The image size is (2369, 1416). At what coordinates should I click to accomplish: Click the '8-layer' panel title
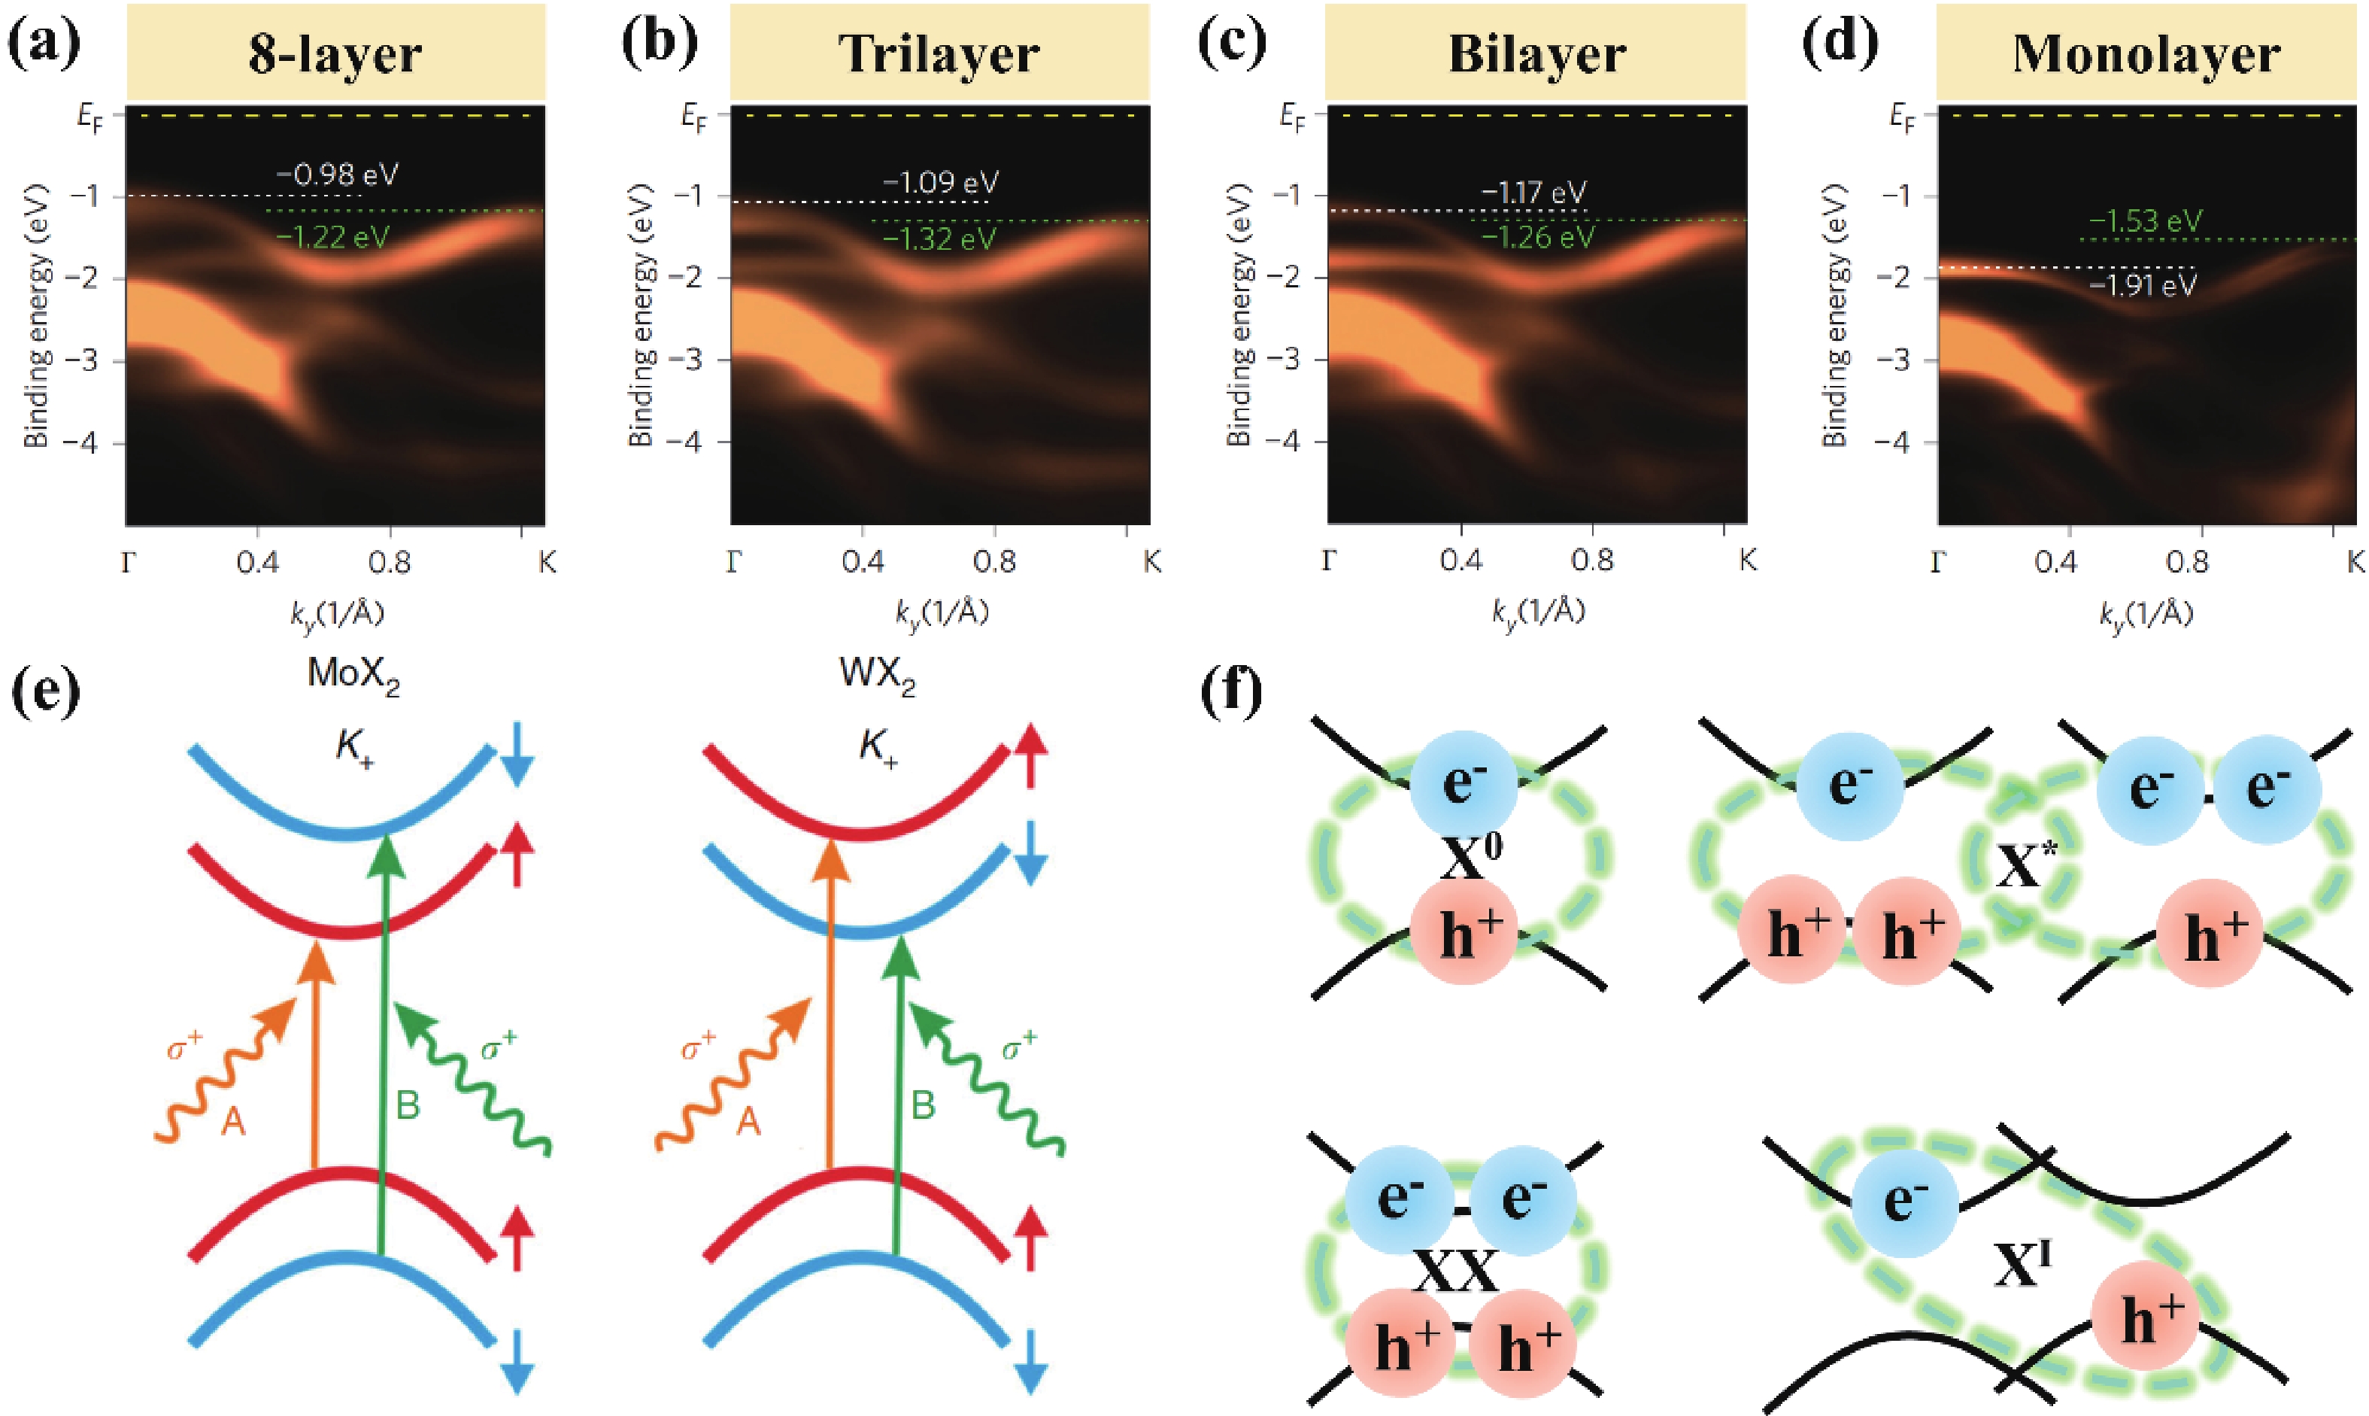point(335,53)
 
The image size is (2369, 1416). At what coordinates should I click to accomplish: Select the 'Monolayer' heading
point(2146,53)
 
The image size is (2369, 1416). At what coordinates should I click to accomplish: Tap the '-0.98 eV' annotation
point(338,174)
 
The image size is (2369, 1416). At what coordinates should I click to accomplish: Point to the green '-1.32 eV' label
point(939,239)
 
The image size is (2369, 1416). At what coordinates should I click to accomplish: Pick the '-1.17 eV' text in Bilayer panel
point(1533,193)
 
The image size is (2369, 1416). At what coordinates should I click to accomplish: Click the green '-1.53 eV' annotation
point(2146,221)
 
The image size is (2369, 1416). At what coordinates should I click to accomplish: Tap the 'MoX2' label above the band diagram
point(353,675)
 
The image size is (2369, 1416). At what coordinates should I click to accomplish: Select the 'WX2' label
point(876,675)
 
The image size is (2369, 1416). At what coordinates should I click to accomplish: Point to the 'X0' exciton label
point(1470,857)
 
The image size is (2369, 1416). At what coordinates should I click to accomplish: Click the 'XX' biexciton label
point(1454,1271)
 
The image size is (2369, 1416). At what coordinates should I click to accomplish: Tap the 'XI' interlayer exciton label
point(2022,1264)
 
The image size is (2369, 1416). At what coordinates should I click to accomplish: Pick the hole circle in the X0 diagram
point(1463,931)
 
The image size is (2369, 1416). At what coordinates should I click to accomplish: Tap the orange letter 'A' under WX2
point(748,1121)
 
